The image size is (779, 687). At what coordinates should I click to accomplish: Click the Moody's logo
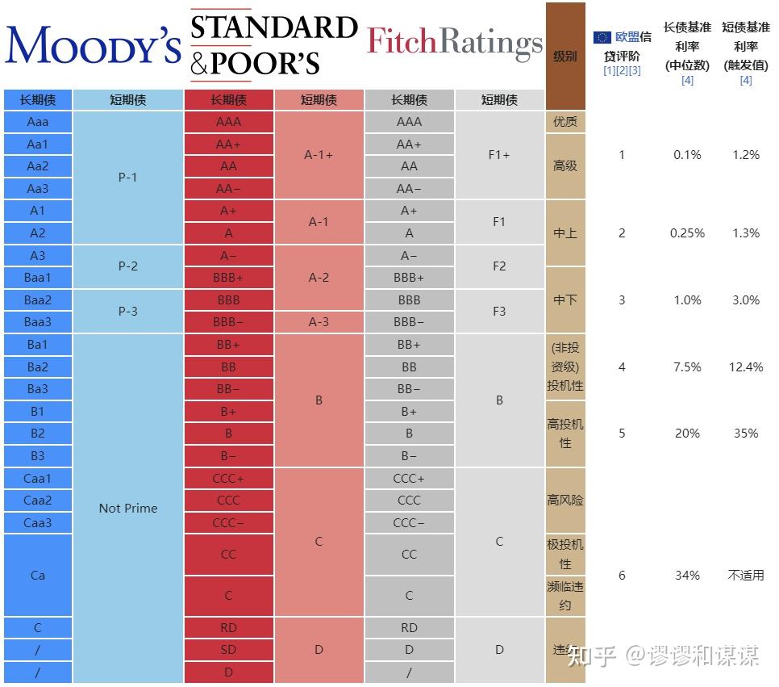(93, 44)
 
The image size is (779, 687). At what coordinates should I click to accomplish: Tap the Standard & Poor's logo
(273, 44)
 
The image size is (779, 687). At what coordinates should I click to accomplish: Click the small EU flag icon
(602, 37)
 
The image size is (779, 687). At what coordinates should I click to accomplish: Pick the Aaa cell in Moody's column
(38, 122)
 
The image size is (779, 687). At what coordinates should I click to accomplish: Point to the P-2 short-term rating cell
(128, 266)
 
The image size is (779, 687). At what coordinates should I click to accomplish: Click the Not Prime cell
(128, 509)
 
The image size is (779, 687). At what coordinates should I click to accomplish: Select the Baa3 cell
(38, 322)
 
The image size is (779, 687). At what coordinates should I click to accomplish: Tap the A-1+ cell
(319, 155)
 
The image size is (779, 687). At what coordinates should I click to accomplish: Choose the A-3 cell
(319, 322)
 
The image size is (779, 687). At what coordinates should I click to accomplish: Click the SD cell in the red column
(228, 650)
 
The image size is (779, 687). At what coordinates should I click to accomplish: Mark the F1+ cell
(499, 155)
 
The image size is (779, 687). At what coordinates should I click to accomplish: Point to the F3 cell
(499, 311)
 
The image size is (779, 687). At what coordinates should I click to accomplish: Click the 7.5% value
(687, 367)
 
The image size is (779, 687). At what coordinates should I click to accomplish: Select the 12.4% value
(746, 367)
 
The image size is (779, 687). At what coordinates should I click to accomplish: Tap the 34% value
(687, 576)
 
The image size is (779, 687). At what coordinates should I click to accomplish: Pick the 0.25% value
(687, 233)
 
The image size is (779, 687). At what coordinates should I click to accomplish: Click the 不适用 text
(746, 576)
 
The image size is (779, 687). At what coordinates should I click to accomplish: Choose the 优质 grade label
(564, 122)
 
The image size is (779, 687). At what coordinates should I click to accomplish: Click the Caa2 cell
(38, 501)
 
